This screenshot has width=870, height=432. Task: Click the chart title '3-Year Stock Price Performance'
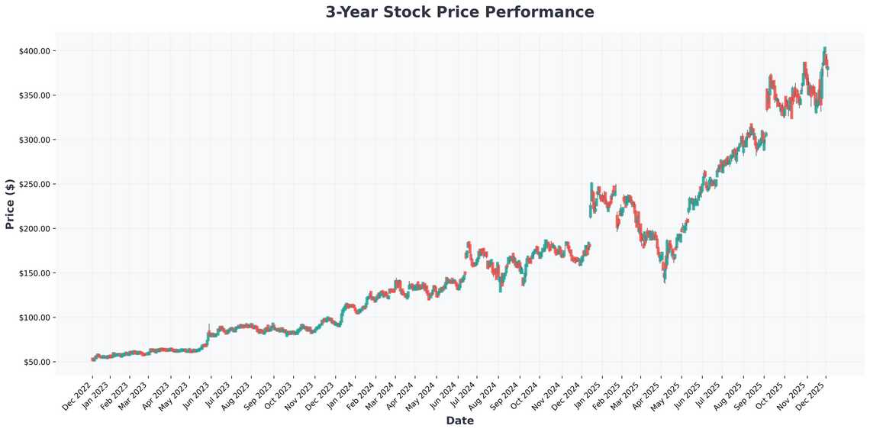459,12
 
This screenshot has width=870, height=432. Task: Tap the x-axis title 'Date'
459,421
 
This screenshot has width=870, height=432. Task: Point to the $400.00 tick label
35,51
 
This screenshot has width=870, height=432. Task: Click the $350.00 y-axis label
35,95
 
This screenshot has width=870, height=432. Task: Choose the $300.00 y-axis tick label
35,140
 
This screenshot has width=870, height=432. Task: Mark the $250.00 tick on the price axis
35,184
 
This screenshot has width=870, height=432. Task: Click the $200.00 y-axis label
35,229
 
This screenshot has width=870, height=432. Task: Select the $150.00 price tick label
35,273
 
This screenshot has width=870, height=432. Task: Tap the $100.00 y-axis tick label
35,318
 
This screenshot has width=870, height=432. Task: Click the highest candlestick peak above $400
824,48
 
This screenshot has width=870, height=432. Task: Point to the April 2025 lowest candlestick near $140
665,281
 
